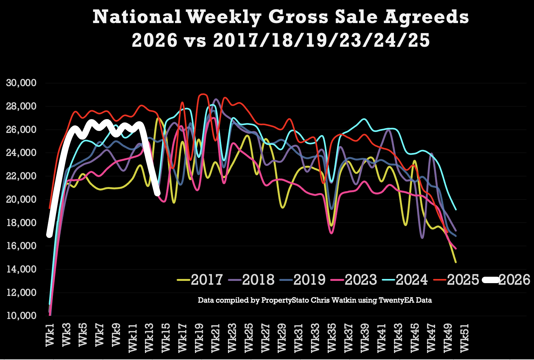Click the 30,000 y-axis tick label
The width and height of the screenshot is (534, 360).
point(21,83)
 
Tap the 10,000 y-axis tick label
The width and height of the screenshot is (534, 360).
point(21,315)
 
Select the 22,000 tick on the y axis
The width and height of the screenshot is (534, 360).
point(21,176)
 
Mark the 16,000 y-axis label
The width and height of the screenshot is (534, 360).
point(21,246)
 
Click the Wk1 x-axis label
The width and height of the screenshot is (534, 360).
point(50,335)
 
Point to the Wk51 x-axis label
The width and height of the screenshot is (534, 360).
point(464,338)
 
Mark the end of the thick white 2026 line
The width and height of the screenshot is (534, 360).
point(157,193)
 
